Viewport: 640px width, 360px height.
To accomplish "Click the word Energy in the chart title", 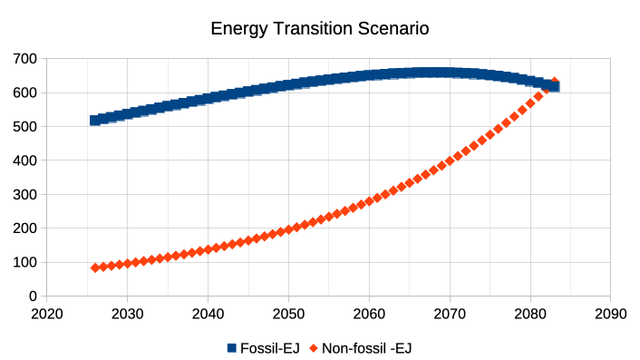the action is (x=238, y=29).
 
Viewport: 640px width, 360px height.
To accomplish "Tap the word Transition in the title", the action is (x=312, y=29).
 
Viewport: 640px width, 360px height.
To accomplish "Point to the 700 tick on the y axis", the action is (x=24, y=59).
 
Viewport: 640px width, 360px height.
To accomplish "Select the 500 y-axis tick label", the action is (x=24, y=127).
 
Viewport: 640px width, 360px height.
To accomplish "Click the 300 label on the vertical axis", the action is (x=24, y=194).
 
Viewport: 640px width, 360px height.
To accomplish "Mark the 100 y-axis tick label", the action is (x=24, y=262).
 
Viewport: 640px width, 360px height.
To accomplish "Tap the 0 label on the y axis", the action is (x=33, y=296).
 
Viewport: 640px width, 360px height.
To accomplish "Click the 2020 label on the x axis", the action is (x=47, y=314).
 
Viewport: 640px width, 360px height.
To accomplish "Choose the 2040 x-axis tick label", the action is (x=208, y=314).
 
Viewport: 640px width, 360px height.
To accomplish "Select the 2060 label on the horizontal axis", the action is (x=369, y=314).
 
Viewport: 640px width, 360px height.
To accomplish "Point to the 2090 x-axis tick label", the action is (x=611, y=314).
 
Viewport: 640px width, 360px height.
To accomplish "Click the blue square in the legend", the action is (x=232, y=348).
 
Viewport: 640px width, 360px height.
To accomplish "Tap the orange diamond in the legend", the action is (x=314, y=348).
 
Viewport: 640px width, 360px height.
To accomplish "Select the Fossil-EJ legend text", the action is (x=270, y=348).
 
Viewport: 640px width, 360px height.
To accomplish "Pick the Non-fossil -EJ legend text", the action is (x=367, y=348).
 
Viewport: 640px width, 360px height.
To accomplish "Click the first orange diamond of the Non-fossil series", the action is (x=95, y=268).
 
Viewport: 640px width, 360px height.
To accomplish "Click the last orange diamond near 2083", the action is (x=555, y=82).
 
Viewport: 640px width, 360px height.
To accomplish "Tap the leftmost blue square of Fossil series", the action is (x=95, y=121).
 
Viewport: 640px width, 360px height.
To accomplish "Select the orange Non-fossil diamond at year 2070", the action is (x=450, y=161).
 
